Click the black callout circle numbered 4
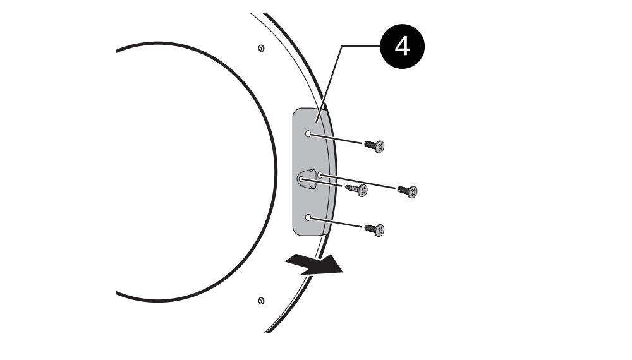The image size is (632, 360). point(402,46)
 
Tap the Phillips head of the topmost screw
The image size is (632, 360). point(379,147)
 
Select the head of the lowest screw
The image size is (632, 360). point(379,231)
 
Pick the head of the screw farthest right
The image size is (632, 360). point(412,192)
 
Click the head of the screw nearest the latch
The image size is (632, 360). point(362,191)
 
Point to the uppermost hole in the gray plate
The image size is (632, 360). point(308,134)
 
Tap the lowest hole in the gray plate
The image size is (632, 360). point(308,217)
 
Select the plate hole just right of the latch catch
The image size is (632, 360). point(320,175)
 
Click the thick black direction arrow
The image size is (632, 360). point(314,264)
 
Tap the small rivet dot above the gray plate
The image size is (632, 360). point(261,49)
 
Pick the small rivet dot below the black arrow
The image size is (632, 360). point(261,301)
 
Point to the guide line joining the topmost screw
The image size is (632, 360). point(336,138)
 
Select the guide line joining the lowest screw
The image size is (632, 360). point(336,222)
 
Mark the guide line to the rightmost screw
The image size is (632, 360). point(358,182)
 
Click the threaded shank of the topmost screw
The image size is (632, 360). point(370,145)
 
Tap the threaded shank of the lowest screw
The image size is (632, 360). point(370,229)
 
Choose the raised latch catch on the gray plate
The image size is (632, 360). point(307,179)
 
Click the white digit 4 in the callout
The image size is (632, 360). point(402,46)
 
